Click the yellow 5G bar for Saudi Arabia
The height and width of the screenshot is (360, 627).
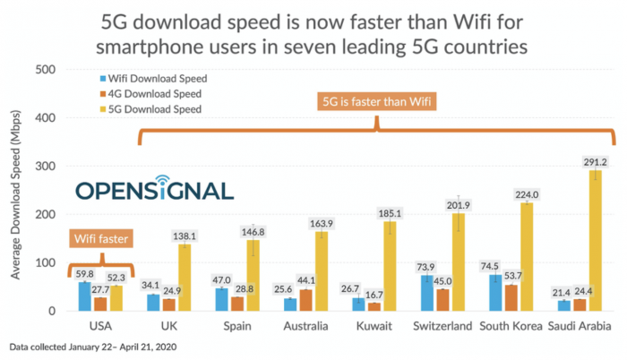coord(595,242)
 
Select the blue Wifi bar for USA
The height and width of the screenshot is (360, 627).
coord(84,296)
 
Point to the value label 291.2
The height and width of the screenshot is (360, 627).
coord(595,162)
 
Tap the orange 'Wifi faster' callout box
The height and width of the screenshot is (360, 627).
coord(100,239)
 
